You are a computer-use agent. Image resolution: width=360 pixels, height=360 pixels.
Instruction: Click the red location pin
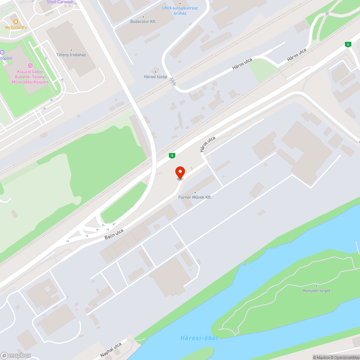180,172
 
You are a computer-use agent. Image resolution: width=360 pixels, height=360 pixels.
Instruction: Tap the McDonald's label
16,27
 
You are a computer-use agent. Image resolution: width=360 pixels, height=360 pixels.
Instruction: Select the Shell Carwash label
60,2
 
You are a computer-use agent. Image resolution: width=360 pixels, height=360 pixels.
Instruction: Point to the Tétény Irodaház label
71,55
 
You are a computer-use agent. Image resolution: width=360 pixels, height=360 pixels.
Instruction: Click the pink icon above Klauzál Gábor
30,66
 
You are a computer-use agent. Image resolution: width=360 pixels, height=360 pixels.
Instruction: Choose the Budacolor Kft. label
143,22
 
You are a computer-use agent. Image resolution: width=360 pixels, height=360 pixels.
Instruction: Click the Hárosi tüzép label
155,76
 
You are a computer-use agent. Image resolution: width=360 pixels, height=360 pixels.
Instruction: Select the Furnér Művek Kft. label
195,197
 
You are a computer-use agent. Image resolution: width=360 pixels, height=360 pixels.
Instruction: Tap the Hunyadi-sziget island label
316,291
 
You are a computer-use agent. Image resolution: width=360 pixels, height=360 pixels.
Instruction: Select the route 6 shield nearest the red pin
172,156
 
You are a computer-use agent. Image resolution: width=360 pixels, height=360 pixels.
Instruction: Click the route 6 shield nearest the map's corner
347,44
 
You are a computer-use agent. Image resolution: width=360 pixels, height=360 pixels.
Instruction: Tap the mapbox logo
16,355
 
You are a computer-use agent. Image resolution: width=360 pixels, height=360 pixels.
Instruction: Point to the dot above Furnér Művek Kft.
195,193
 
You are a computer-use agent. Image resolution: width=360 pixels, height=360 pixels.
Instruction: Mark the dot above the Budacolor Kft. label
143,17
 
